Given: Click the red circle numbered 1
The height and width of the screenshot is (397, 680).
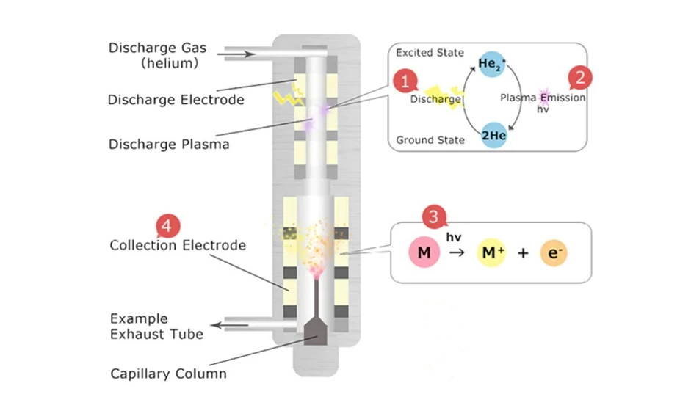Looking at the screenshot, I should point(405,80).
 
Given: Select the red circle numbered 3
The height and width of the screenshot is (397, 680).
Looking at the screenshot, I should point(435,216).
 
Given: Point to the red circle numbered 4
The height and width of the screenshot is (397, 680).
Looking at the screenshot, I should point(167,227).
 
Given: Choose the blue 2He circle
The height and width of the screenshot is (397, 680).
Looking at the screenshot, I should point(489,136).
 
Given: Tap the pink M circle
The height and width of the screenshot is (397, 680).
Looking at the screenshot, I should point(424,253).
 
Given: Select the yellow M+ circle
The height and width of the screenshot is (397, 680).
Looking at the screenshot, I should point(493,253).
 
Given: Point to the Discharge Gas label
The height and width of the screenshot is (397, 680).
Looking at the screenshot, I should point(157,48).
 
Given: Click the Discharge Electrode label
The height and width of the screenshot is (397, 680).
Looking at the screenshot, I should point(176,100).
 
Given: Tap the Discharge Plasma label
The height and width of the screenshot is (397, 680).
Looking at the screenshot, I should point(169,145).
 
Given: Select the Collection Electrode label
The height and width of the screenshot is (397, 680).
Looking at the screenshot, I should point(178,245).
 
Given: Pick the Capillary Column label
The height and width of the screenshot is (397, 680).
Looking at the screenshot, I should point(168,374).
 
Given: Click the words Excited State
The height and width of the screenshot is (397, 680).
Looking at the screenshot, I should point(430,53).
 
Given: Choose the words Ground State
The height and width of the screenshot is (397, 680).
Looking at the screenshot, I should point(430,140).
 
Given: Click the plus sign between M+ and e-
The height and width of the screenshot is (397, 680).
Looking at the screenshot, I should point(523,254).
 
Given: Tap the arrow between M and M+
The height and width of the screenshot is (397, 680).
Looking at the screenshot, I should point(457,254).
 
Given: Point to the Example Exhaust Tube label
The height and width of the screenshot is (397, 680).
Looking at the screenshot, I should point(156,327).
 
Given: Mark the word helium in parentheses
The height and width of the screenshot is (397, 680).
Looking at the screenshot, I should point(170,64).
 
